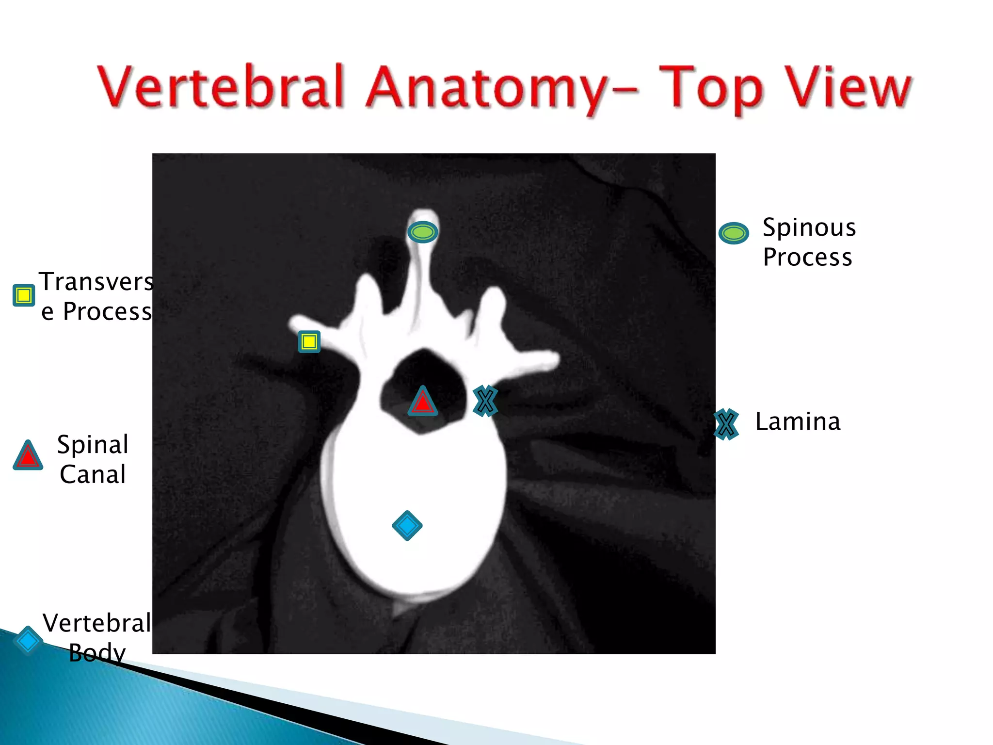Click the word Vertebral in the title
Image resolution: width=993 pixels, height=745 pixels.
tap(221, 87)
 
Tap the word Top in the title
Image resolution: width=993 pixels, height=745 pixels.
tap(710, 90)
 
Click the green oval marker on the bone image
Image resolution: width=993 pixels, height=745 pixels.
tap(423, 232)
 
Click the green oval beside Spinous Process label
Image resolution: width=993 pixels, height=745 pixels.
tap(734, 233)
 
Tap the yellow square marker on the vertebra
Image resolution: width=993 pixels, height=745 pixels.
tap(309, 342)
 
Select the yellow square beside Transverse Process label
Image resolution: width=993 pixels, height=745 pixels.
tap(24, 295)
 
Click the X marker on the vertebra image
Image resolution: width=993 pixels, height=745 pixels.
tap(485, 401)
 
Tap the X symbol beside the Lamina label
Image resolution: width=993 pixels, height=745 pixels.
tap(726, 425)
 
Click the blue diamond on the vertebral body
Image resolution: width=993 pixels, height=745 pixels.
tap(407, 525)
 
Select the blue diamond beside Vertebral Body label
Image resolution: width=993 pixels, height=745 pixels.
tap(28, 641)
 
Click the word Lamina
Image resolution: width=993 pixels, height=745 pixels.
tap(798, 421)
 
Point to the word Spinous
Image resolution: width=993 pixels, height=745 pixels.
tap(809, 228)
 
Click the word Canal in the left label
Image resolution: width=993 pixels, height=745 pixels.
tap(93, 474)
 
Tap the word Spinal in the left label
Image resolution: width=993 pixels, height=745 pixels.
tap(93, 445)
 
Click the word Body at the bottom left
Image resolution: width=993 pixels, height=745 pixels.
tap(97, 653)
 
